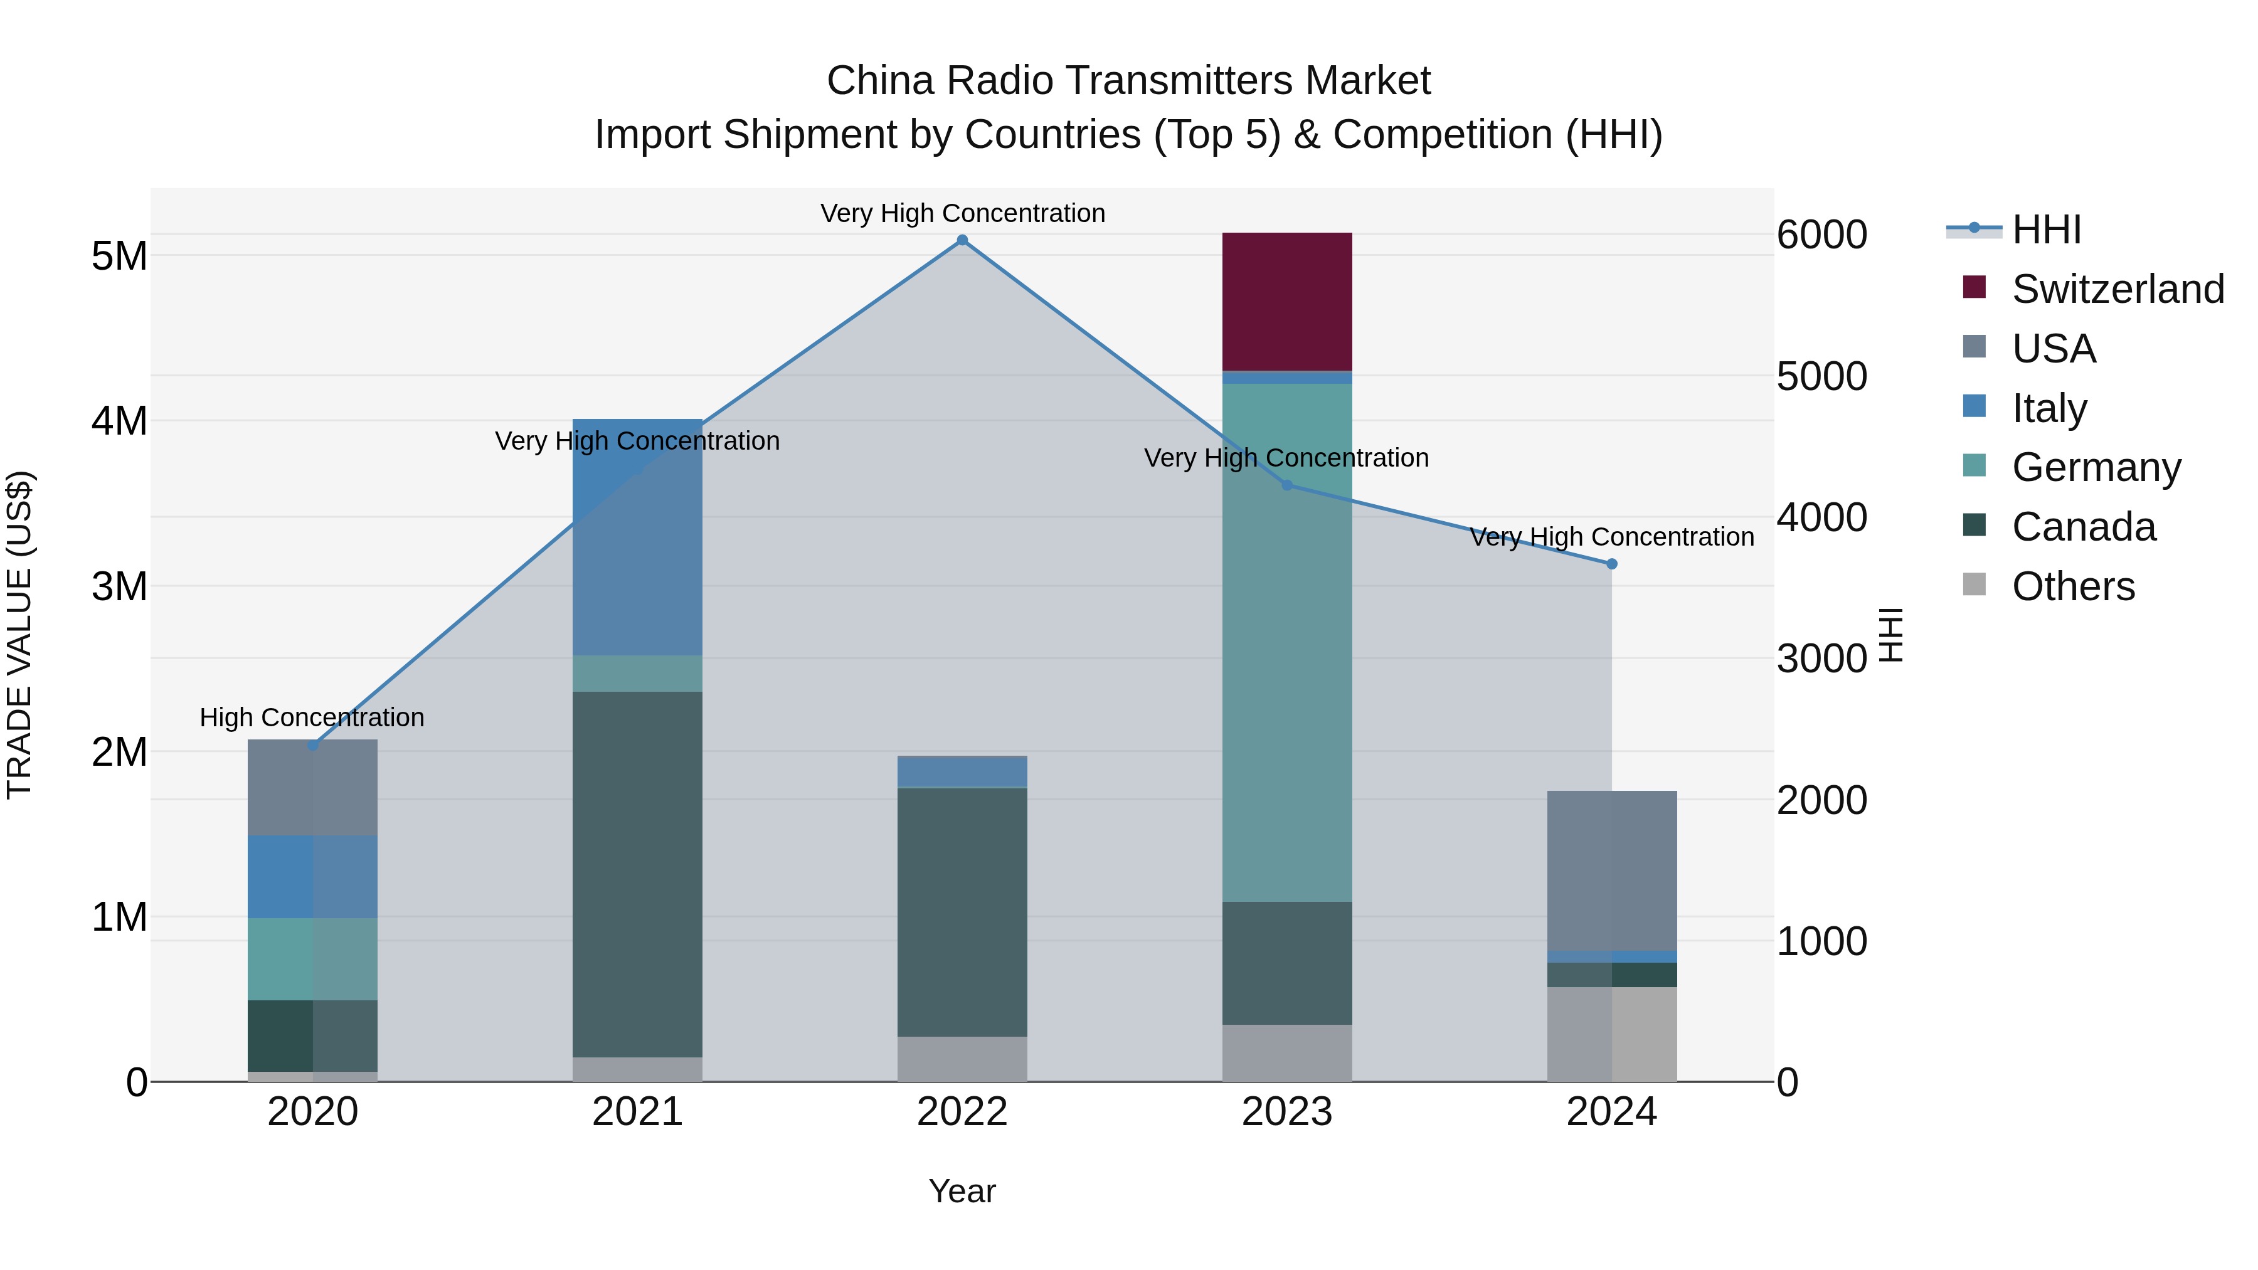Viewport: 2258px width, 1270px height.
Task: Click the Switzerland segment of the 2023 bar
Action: [1287, 302]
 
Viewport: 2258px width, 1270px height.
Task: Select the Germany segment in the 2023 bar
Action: [1287, 642]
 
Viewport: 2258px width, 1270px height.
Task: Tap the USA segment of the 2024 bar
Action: [1611, 870]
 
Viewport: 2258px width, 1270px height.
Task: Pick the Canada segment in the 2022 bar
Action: [962, 911]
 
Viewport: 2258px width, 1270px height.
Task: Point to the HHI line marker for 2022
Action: [962, 240]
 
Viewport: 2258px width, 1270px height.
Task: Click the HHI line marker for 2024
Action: [1611, 564]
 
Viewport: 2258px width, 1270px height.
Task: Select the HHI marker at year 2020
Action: [313, 746]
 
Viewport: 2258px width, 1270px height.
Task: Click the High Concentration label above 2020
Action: [312, 718]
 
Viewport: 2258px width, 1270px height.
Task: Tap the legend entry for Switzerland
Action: [2117, 289]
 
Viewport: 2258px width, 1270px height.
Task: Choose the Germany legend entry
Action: [2096, 467]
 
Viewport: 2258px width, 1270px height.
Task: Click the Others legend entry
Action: [2073, 586]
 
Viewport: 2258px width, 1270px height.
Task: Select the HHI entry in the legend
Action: [2046, 230]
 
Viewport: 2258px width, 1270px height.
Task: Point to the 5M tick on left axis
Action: [119, 256]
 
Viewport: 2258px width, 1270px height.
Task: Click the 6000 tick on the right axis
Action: [1821, 235]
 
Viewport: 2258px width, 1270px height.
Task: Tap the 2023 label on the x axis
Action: [1287, 1112]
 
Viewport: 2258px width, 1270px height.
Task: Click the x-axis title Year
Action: [962, 1191]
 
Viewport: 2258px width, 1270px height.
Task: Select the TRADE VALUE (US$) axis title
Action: [19, 635]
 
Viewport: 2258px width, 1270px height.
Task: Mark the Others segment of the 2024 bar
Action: [1611, 1034]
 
